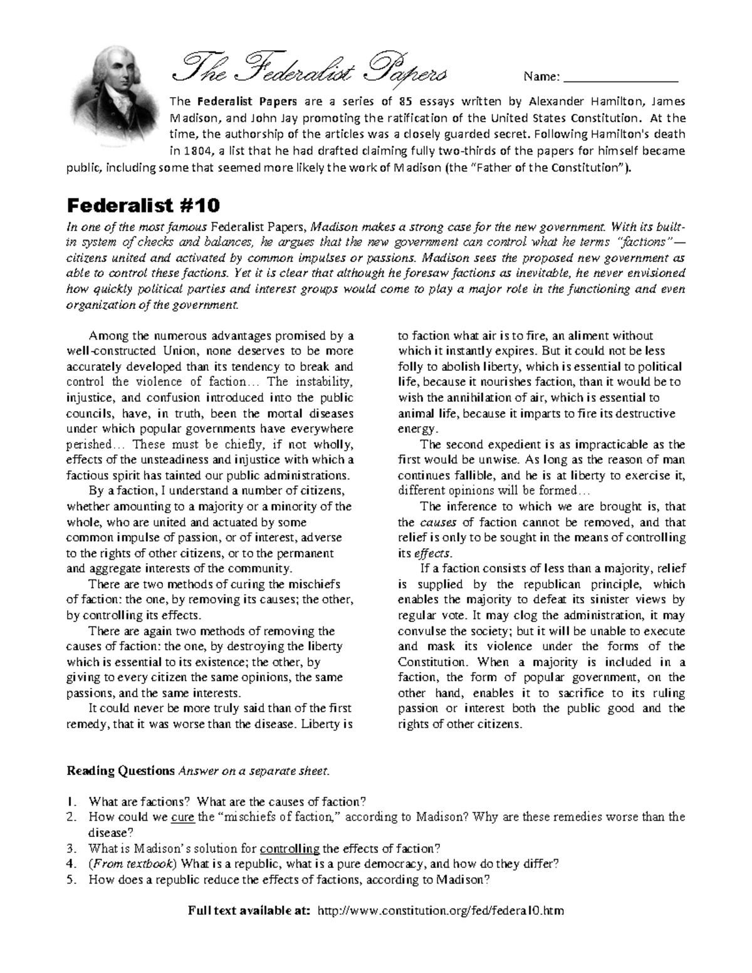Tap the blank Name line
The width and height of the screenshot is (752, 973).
[x=620, y=78]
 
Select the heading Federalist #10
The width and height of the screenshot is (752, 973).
[x=144, y=206]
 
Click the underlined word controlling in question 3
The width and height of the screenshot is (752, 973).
[x=289, y=849]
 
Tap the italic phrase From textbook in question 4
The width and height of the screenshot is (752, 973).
[x=123, y=865]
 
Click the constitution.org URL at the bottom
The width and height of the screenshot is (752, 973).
[x=441, y=910]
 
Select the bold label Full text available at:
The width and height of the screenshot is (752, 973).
[x=249, y=910]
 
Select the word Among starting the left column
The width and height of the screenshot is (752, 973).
[x=108, y=336]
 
